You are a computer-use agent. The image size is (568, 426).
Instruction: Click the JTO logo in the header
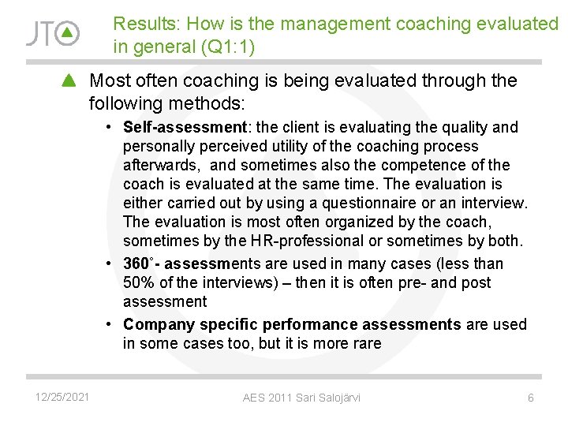[x=52, y=33]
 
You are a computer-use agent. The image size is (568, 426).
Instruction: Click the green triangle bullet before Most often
[x=69, y=80]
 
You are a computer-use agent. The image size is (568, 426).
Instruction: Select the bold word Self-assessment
[x=185, y=127]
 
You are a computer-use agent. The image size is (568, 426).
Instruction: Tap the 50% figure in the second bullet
[x=139, y=282]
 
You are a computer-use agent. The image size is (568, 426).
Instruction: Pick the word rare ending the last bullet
[x=367, y=343]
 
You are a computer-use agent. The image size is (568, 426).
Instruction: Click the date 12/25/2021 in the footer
[x=62, y=397]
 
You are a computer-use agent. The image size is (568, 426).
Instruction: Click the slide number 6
[x=530, y=398]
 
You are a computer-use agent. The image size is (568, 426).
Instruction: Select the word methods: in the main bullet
[x=215, y=103]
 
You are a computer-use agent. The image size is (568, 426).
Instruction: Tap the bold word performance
[x=310, y=324]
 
